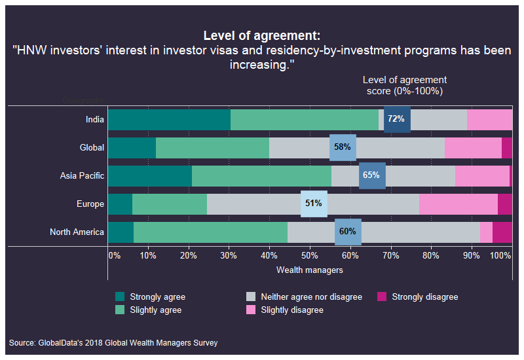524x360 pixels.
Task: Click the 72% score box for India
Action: (397, 119)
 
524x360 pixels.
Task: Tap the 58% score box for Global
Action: (343, 147)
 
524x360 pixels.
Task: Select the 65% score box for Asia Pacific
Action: (372, 175)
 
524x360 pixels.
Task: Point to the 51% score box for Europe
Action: (313, 204)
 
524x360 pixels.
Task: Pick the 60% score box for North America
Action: (348, 232)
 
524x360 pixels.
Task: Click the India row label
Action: (94, 119)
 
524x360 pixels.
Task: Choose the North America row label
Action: (77, 232)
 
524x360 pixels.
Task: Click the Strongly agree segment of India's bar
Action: (169, 119)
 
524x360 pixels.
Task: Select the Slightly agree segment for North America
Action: (210, 232)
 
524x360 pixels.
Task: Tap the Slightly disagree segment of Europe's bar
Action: (458, 204)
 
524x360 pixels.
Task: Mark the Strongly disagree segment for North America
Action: (502, 232)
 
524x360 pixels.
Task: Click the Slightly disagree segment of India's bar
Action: (490, 119)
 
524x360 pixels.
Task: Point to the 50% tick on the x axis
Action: (310, 255)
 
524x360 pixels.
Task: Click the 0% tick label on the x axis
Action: (114, 255)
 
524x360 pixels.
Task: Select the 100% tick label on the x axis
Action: (500, 255)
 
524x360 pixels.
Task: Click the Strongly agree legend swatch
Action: (119, 297)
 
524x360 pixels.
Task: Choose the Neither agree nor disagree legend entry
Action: (311, 297)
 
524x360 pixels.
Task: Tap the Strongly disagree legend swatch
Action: (382, 297)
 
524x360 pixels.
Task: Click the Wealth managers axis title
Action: (310, 270)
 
